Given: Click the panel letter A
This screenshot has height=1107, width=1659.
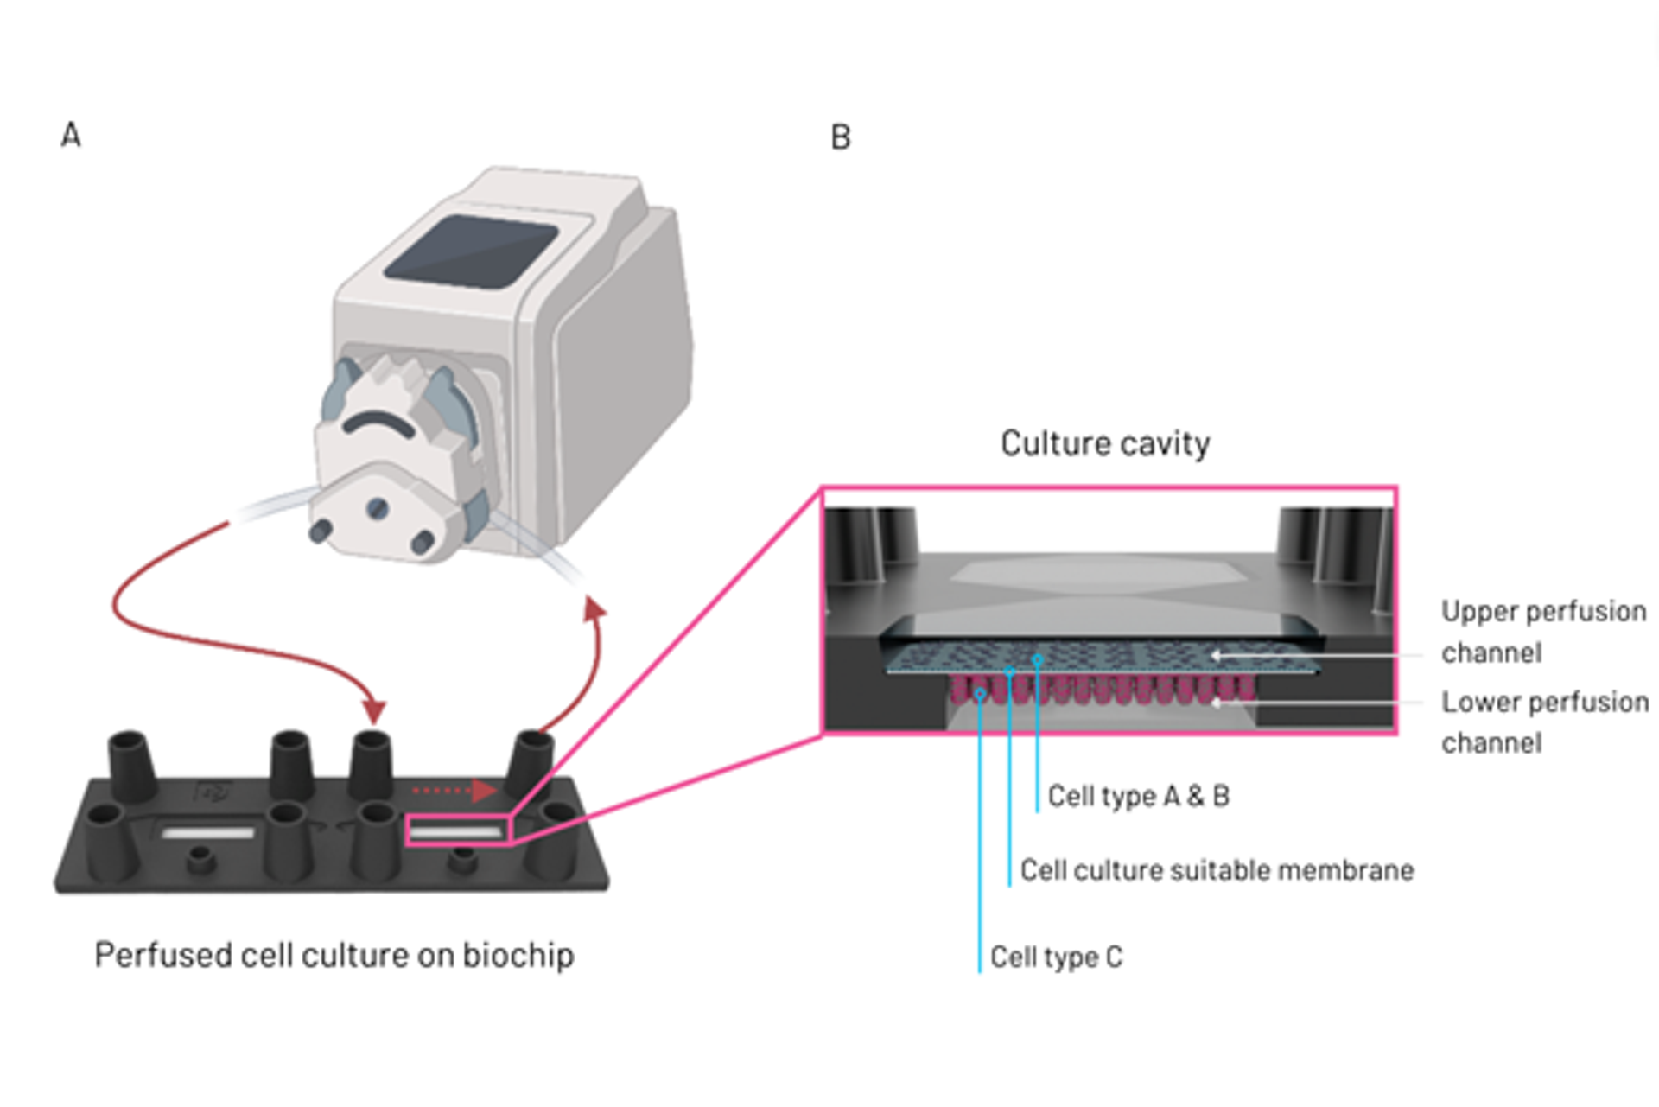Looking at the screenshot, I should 71,136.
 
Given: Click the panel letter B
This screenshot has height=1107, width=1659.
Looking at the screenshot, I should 840,138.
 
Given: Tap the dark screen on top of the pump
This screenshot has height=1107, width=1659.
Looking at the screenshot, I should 471,251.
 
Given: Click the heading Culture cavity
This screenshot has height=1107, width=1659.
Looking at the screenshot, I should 1105,443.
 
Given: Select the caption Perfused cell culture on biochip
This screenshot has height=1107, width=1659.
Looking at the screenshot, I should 334,955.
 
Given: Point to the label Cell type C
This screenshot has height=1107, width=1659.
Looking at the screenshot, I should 1056,957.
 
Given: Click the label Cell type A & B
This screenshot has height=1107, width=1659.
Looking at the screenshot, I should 1138,796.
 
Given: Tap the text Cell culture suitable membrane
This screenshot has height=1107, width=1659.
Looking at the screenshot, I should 1217,870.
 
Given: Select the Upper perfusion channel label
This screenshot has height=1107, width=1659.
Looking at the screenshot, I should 1543,632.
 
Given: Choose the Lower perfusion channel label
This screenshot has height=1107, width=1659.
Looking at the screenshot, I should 1544,722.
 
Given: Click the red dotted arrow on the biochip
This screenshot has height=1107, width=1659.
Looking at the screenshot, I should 453,790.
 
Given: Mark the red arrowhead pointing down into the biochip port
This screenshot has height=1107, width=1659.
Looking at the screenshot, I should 373,710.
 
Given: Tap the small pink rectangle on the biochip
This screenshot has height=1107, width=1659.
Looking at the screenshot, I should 458,830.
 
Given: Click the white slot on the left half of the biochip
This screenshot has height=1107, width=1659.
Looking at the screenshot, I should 208,833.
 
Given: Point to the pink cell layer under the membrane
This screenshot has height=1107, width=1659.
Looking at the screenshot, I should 1102,690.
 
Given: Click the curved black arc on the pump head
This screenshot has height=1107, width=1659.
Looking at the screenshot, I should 378,422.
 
